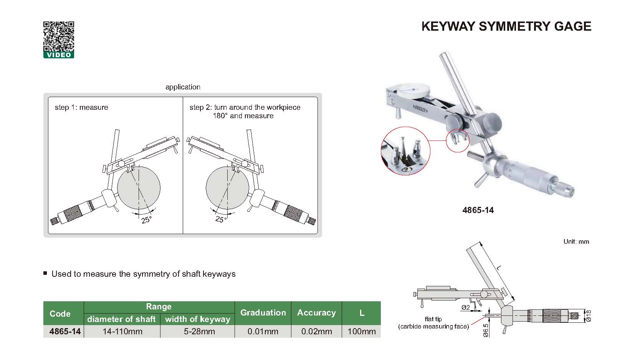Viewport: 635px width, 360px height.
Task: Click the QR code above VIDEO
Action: (58, 36)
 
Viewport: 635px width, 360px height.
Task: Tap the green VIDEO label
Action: (58, 55)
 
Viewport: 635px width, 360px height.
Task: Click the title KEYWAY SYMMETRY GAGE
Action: (506, 26)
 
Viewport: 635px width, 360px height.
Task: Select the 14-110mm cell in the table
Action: (122, 331)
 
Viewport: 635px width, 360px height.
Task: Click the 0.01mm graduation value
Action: (263, 331)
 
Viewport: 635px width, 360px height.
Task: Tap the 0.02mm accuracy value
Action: (316, 331)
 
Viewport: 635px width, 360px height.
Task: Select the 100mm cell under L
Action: (361, 331)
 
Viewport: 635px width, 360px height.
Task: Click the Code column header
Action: (60, 314)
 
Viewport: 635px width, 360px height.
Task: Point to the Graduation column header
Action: (263, 312)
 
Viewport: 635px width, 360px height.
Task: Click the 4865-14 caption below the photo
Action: (478, 210)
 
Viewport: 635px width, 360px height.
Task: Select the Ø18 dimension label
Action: (588, 315)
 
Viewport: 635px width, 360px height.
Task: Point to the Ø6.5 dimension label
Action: (485, 330)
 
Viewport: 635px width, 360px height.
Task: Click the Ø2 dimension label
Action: (465, 307)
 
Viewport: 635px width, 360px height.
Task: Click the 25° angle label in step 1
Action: (146, 220)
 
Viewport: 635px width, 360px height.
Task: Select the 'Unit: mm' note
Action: (576, 241)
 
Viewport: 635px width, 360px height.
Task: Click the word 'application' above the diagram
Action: (183, 87)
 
